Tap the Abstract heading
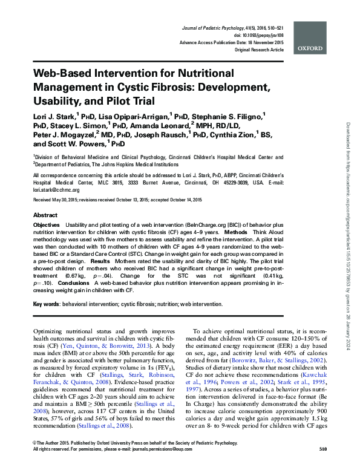45,215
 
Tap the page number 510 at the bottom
322,466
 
